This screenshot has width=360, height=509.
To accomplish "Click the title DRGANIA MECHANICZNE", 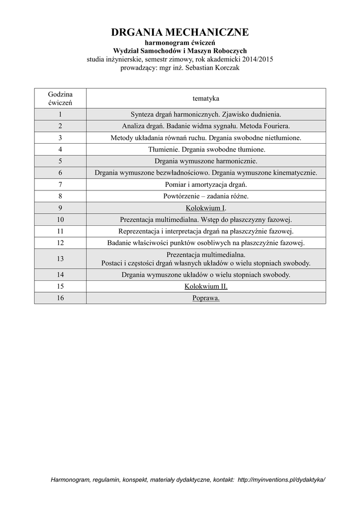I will (180, 33).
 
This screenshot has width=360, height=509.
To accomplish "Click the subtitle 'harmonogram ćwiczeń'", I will (180, 43).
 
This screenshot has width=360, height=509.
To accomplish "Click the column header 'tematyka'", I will (206, 98).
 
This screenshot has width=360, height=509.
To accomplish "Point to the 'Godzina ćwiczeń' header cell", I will (60, 98).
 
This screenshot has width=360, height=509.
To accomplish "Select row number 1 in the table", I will (60, 114).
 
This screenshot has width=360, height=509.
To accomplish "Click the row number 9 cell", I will (60, 208).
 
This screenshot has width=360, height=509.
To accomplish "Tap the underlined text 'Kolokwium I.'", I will (206, 208).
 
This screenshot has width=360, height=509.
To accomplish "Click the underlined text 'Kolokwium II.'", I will (206, 286).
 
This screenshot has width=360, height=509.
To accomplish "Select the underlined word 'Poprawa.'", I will (206, 298).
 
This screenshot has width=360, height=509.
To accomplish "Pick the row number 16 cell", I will (60, 298).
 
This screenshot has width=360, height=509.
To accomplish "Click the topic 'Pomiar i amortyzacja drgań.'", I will (206, 184).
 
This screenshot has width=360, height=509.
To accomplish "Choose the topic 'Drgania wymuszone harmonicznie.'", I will (206, 161).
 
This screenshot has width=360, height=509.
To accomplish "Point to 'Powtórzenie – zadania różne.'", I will (206, 196).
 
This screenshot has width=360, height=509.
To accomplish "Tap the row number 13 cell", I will (60, 258).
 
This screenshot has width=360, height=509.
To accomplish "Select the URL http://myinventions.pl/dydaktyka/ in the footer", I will (281, 480).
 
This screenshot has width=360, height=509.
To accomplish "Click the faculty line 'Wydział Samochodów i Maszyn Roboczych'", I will (180, 51).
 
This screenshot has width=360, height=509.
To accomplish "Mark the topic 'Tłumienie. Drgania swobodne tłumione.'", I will (206, 149).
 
